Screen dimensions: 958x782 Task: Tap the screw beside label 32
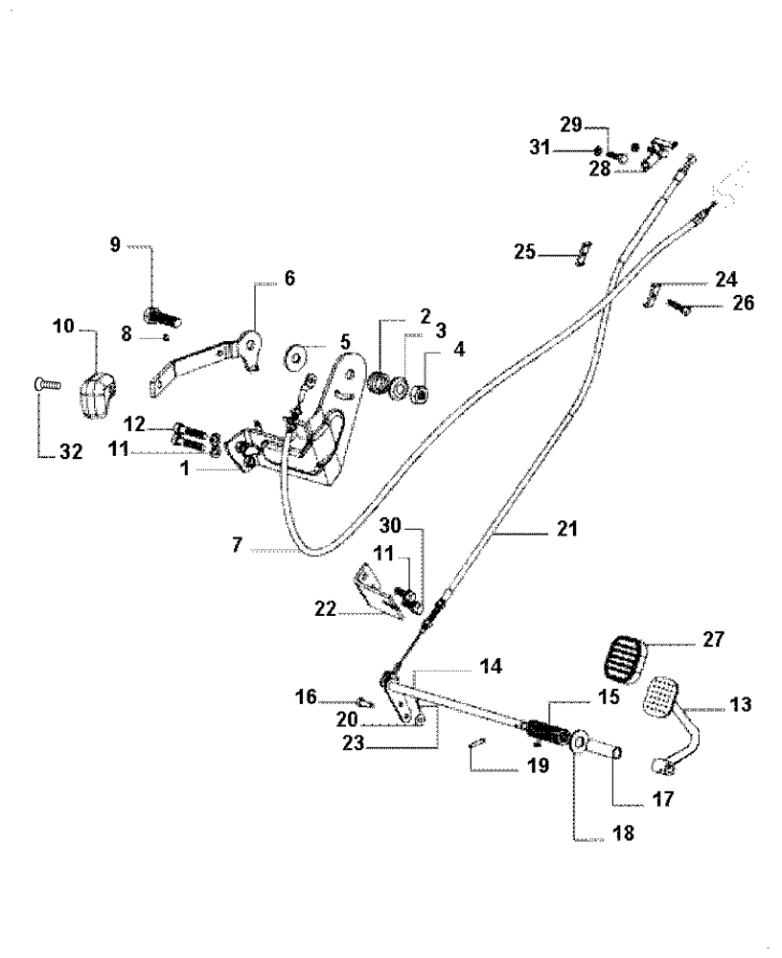[46, 383]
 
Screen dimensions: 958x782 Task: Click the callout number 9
[115, 244]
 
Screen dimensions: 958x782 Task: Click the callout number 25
[523, 253]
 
